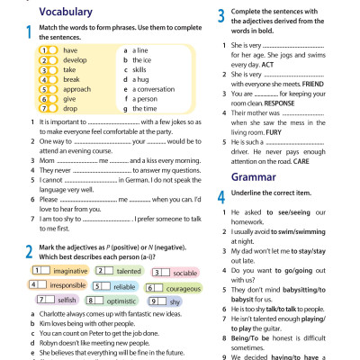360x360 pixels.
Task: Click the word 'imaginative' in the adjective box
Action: point(70,246)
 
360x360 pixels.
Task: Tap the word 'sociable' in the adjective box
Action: point(184,247)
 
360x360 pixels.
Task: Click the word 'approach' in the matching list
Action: point(76,90)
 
